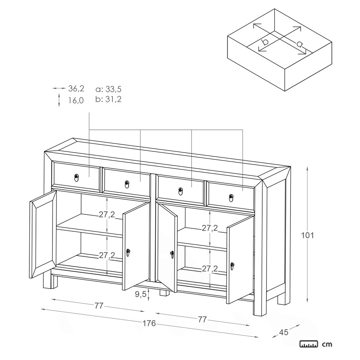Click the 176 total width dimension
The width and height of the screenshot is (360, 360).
point(149,323)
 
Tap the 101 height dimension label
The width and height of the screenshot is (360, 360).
point(307,235)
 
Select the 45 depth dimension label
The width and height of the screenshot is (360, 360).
point(284,332)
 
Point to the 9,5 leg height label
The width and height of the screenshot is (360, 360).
point(141,294)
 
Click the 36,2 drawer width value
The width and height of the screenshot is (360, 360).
point(76,88)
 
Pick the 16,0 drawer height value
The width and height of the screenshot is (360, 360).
point(76,100)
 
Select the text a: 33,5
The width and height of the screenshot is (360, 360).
point(109,89)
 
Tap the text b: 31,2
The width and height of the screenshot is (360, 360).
point(109,99)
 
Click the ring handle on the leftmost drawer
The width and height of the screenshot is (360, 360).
point(76,177)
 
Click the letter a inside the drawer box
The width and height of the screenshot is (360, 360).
point(299,44)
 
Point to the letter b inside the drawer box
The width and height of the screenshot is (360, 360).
point(265,42)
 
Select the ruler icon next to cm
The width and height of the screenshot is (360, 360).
point(309,344)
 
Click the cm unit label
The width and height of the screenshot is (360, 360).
point(327,344)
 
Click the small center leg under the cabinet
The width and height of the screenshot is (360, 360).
point(165,293)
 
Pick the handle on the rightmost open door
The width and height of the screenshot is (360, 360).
point(233,266)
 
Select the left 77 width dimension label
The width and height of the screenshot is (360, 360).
point(99,306)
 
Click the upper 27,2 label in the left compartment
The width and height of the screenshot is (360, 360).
point(107,214)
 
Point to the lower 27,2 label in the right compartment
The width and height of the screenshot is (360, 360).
point(210,268)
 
